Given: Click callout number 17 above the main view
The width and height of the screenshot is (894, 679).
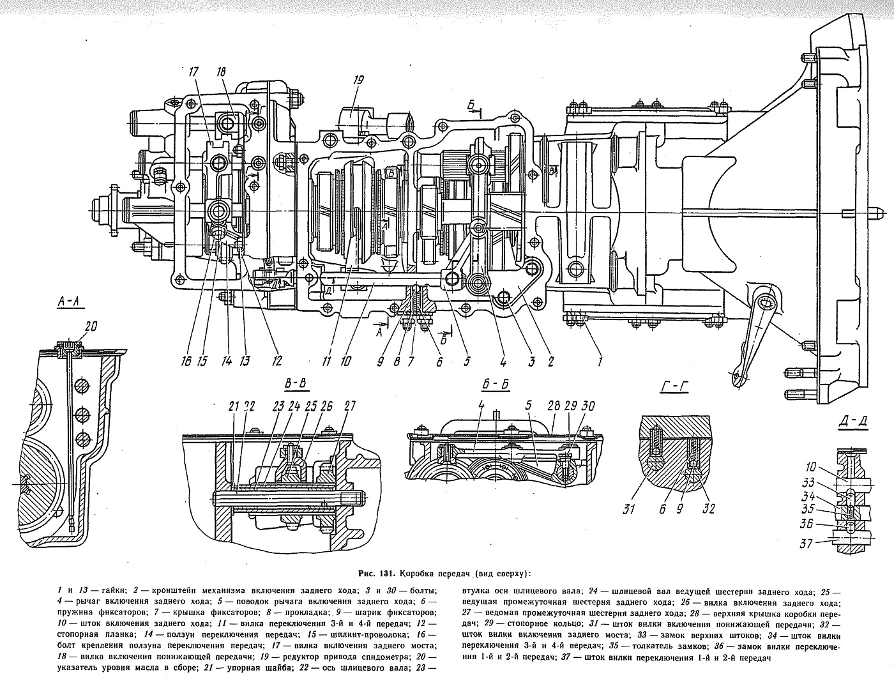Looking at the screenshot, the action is coord(194,73).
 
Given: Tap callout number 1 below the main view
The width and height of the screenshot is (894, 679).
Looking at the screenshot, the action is coord(599,361).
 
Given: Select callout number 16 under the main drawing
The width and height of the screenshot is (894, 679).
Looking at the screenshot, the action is coord(186,361).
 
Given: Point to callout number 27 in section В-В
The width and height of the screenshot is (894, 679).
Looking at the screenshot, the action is coord(349,406).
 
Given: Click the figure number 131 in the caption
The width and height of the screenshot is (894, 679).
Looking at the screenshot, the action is coord(386,574).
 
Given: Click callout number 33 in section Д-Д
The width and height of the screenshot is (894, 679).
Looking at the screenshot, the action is coord(807,483).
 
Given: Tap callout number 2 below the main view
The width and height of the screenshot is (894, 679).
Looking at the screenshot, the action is coord(550,361).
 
